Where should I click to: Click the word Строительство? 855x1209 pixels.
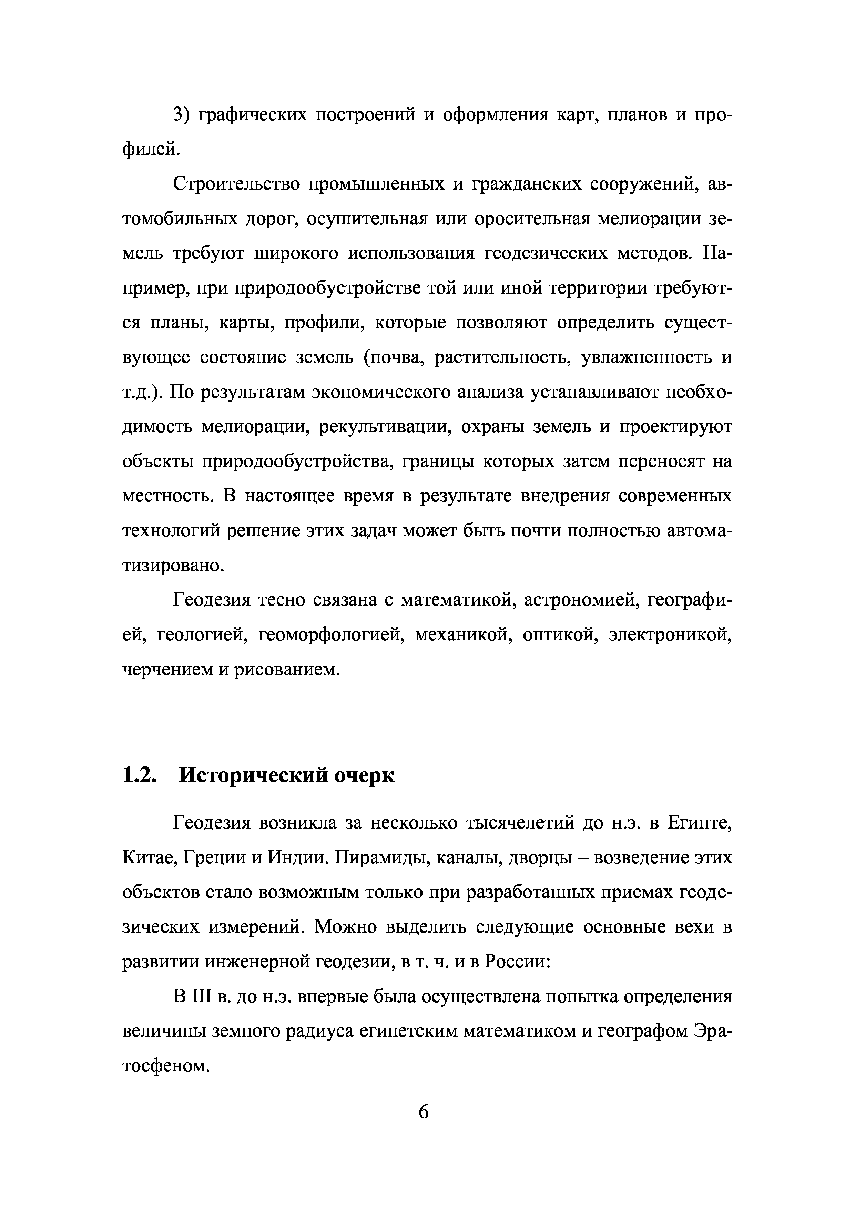(235, 185)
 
